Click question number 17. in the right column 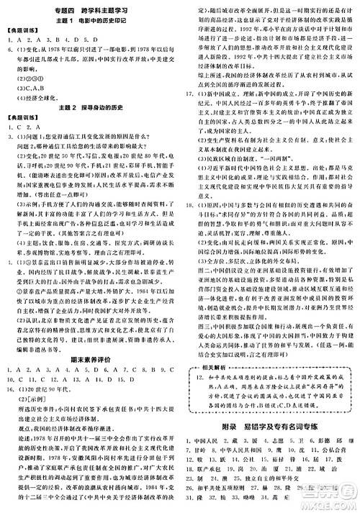pos(188,94)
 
